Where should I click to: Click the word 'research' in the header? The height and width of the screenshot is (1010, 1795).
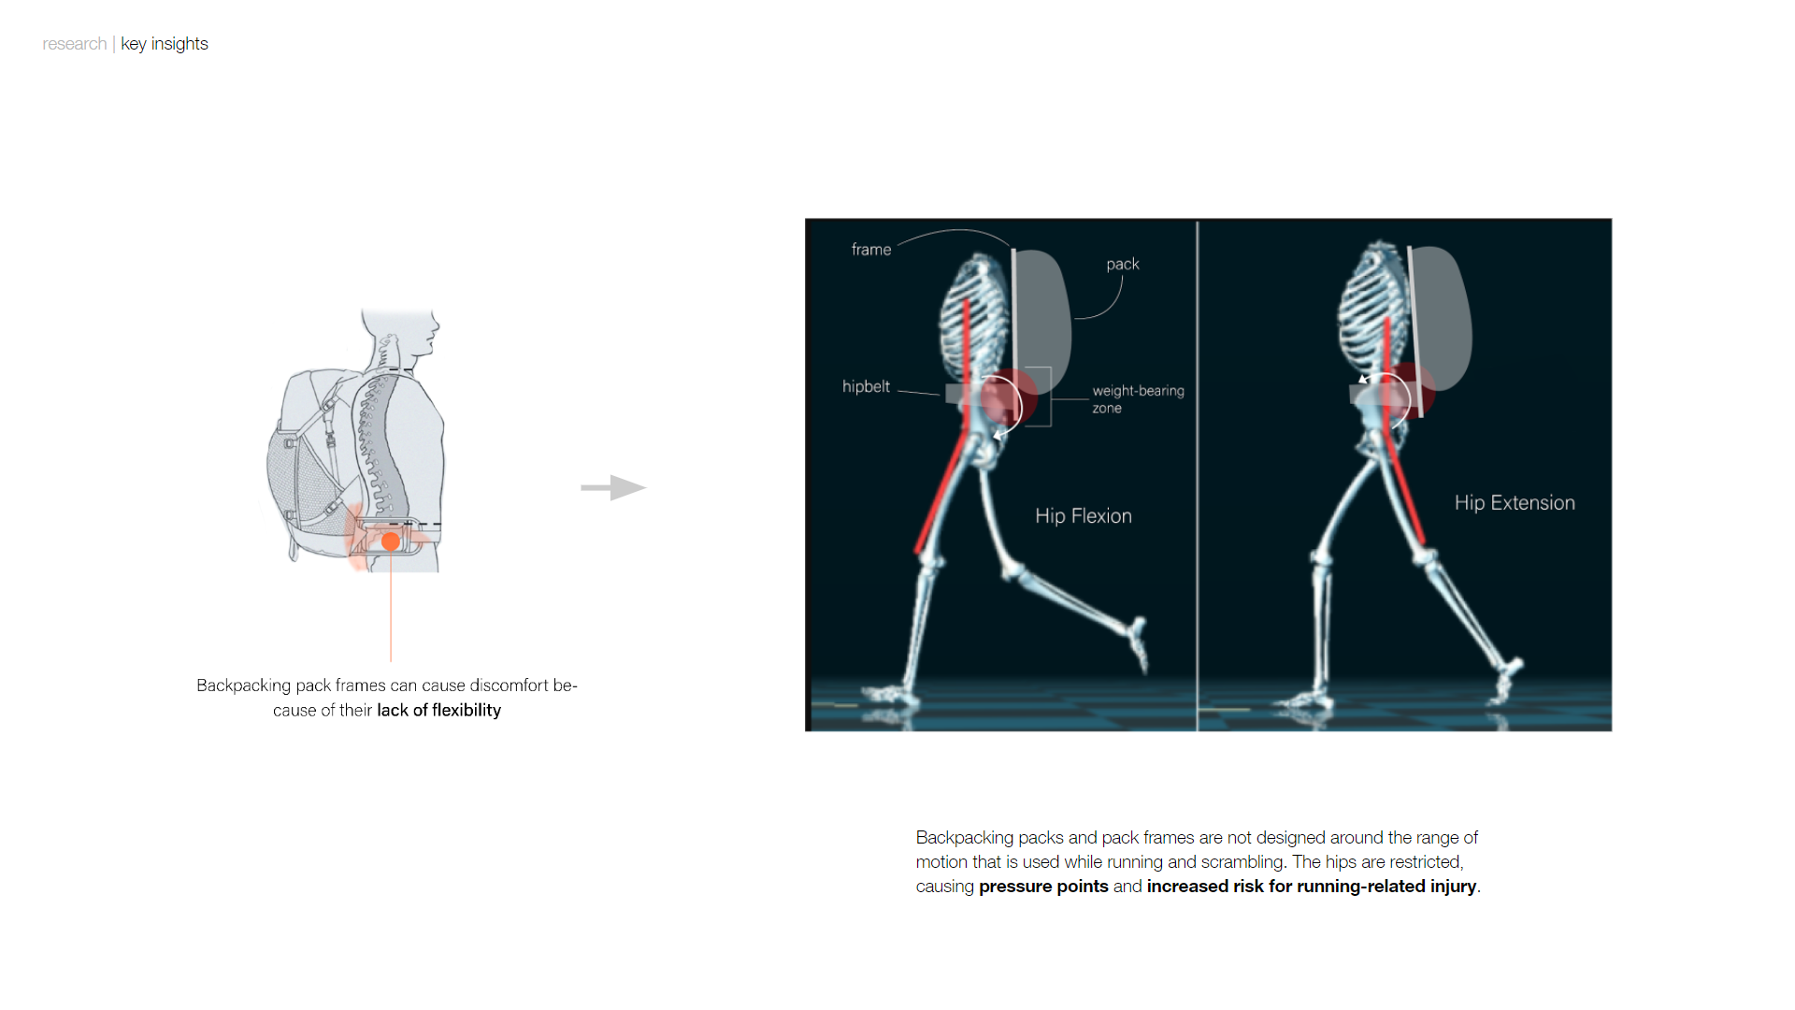74,44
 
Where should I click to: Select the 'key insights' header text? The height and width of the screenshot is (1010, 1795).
165,44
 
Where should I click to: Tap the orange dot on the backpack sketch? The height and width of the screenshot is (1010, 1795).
391,541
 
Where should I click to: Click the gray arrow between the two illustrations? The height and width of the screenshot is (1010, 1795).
613,487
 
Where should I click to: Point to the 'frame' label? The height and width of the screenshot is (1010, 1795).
870,250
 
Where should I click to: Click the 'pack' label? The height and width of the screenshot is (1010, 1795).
1122,265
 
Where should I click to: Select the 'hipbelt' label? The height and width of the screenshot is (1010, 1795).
866,386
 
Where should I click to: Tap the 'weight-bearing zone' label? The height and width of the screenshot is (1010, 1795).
1137,398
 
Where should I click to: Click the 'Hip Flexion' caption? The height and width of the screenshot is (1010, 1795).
1083,516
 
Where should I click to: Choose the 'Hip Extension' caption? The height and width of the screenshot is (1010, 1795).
1514,503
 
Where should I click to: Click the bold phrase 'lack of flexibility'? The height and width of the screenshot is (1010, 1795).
438,711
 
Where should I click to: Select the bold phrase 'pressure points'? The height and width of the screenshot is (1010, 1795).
1043,887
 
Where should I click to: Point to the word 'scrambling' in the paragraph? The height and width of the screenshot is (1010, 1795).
1242,862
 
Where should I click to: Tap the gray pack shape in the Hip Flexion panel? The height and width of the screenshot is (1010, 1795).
1042,313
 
